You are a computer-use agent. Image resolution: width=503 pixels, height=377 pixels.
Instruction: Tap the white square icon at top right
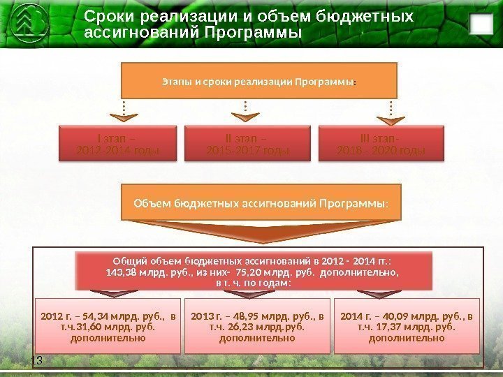pyautogui.click(x=479, y=24)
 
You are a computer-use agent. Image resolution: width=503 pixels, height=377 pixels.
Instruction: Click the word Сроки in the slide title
pyautogui.click(x=110, y=16)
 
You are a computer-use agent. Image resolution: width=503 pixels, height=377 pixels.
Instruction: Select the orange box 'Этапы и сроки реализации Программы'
pyautogui.click(x=259, y=80)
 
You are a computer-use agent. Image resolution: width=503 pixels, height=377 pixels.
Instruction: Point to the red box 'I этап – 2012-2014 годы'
pyautogui.click(x=117, y=144)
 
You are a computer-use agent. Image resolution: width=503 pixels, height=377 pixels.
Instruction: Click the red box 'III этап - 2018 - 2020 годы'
pyautogui.click(x=381, y=144)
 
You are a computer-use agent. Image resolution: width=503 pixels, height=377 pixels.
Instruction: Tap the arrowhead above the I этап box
pyautogui.click(x=124, y=117)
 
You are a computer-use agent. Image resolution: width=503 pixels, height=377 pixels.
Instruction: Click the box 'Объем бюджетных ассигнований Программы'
pyautogui.click(x=259, y=203)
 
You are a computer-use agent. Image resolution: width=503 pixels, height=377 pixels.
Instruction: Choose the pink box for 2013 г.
pyautogui.click(x=257, y=327)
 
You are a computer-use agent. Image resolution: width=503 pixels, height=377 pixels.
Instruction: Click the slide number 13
pyautogui.click(x=37, y=360)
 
